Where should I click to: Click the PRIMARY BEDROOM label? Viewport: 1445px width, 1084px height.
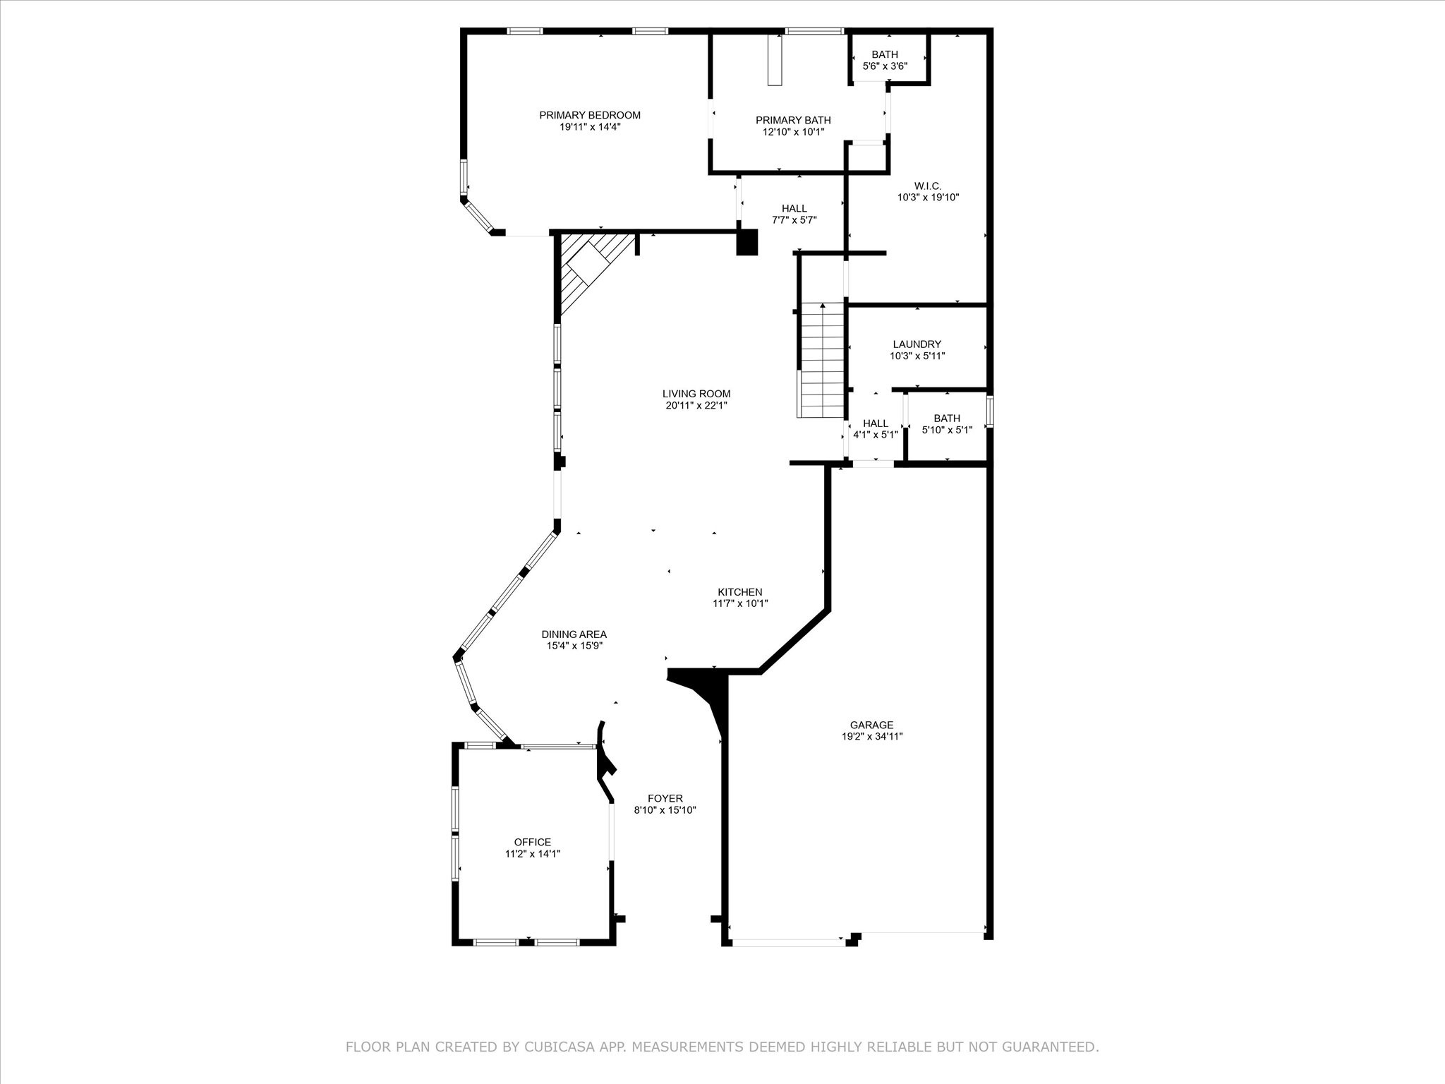[x=590, y=115]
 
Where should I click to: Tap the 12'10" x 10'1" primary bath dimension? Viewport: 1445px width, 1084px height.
[x=793, y=132]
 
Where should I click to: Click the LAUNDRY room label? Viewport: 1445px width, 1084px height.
[x=917, y=344]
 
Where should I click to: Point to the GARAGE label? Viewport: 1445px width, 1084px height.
[x=871, y=725]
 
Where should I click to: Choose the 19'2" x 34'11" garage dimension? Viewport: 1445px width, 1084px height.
[x=871, y=736]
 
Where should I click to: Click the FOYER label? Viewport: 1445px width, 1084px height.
[x=665, y=799]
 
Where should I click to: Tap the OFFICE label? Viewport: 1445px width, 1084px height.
[x=533, y=842]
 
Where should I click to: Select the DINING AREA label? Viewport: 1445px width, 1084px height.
[x=574, y=634]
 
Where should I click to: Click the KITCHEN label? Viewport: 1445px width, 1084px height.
[x=739, y=592]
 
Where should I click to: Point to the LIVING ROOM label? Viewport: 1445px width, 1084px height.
[x=696, y=394]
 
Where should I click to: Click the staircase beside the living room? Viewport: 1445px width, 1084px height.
[x=822, y=360]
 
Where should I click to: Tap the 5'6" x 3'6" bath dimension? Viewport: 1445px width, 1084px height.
[x=885, y=66]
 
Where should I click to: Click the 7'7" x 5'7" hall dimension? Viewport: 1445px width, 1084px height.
[x=794, y=219]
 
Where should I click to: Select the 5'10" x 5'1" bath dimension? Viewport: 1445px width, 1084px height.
[x=946, y=430]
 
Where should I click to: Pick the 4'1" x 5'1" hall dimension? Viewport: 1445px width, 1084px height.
[x=875, y=435]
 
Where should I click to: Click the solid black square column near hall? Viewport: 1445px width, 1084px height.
[x=746, y=242]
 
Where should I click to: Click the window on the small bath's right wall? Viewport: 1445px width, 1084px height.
[x=989, y=412]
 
